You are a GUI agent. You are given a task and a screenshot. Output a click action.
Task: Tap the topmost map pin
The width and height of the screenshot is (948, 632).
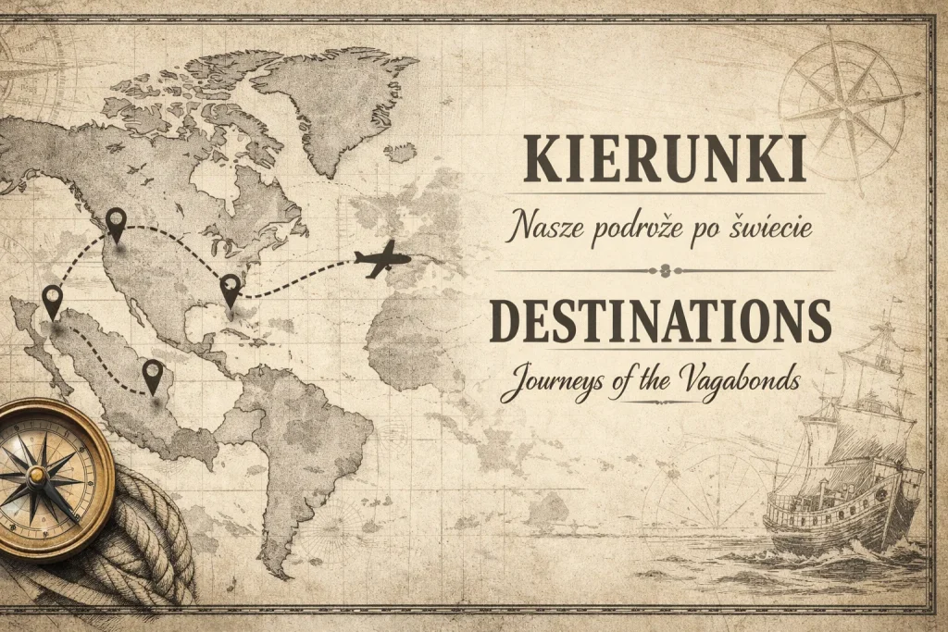pyautogui.click(x=116, y=222)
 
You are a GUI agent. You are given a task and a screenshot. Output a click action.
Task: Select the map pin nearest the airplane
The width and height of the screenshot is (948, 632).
pyautogui.click(x=230, y=288)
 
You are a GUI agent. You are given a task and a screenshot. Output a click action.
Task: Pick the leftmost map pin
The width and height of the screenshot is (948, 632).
pyautogui.click(x=52, y=301)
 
